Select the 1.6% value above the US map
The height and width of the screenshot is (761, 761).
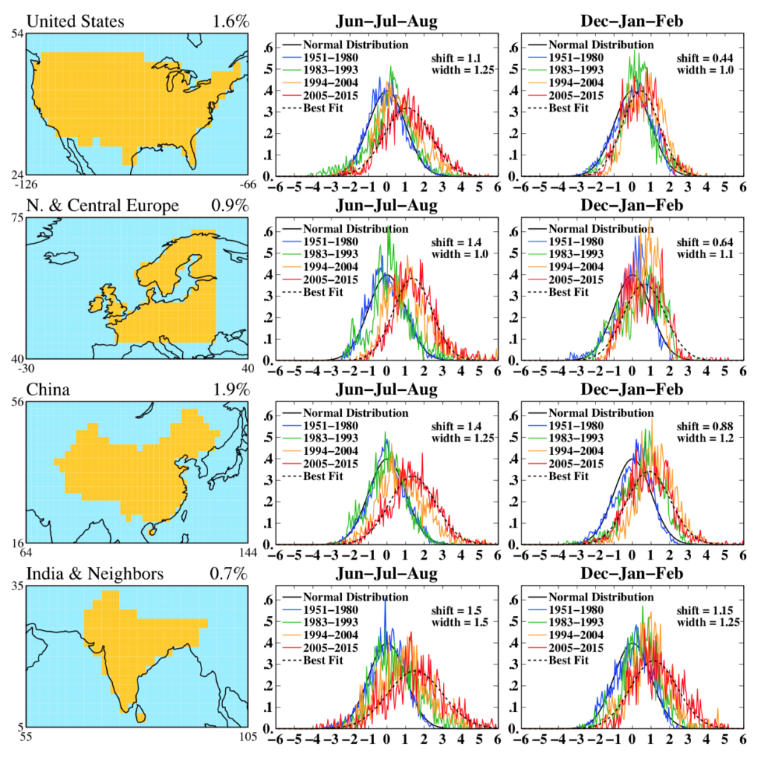point(230,22)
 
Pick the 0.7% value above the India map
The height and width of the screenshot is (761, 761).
point(230,574)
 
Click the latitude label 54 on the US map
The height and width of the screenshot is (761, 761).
point(19,36)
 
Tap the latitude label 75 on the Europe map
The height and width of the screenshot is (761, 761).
point(19,219)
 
